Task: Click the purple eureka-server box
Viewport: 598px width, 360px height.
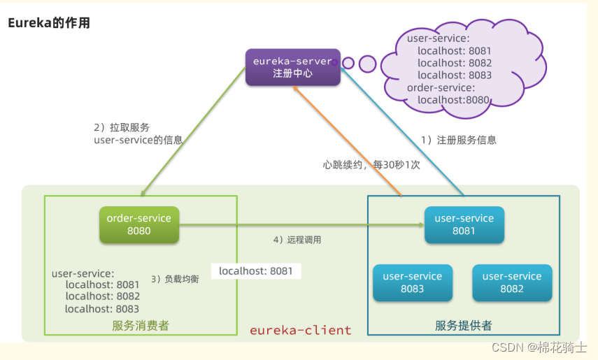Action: click(292, 67)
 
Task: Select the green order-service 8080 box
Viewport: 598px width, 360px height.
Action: click(138, 224)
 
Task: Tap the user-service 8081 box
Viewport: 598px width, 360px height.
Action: click(464, 224)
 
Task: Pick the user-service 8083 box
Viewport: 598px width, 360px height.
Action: click(412, 282)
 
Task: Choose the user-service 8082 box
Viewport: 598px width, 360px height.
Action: click(511, 282)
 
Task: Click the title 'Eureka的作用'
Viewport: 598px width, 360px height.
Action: click(49, 23)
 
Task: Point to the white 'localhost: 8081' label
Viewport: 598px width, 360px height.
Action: click(256, 271)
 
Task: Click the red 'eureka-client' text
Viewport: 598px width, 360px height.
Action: click(301, 330)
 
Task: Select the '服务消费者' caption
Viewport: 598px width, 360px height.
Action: click(140, 326)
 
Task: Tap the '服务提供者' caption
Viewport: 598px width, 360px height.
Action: click(463, 326)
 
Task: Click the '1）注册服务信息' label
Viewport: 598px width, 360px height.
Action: click(458, 140)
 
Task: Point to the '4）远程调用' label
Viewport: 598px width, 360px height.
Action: click(297, 240)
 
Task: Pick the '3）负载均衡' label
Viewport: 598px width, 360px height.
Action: click(175, 278)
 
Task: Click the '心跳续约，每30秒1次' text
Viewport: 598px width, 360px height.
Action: click(371, 165)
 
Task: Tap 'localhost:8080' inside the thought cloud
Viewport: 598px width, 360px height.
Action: click(453, 100)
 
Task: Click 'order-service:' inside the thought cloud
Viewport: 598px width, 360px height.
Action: click(441, 87)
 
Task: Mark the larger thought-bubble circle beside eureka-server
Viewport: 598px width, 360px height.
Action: click(368, 64)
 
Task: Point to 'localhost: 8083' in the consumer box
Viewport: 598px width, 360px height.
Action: click(102, 308)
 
